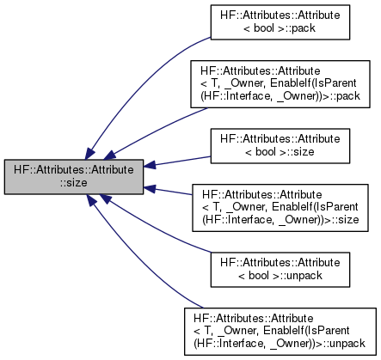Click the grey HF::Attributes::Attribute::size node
coord(74,177)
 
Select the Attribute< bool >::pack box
coord(280,22)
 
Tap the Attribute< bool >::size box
coord(280,146)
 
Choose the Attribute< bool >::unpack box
coord(280,270)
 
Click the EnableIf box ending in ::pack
coord(280,84)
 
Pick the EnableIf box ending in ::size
coord(280,208)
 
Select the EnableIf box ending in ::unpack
coord(280,332)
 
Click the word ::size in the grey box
coord(74,183)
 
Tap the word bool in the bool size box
coord(265,152)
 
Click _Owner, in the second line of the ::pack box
coord(246,83)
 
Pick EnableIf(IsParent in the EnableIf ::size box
coord(315,207)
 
